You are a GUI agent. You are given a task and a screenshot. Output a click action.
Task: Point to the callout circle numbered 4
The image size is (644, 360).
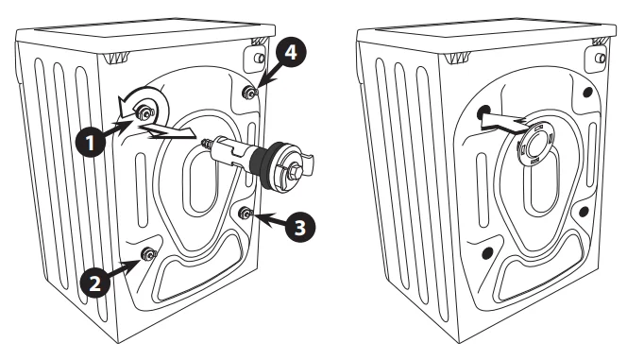click(x=290, y=54)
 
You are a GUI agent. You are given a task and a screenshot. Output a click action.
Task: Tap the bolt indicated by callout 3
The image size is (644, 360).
click(x=244, y=213)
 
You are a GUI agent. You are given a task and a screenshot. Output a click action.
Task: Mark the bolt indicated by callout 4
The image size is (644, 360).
click(x=246, y=92)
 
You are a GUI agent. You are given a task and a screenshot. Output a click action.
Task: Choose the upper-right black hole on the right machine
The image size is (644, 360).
click(x=587, y=93)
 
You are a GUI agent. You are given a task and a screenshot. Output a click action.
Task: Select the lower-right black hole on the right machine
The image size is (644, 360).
click(x=585, y=212)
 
